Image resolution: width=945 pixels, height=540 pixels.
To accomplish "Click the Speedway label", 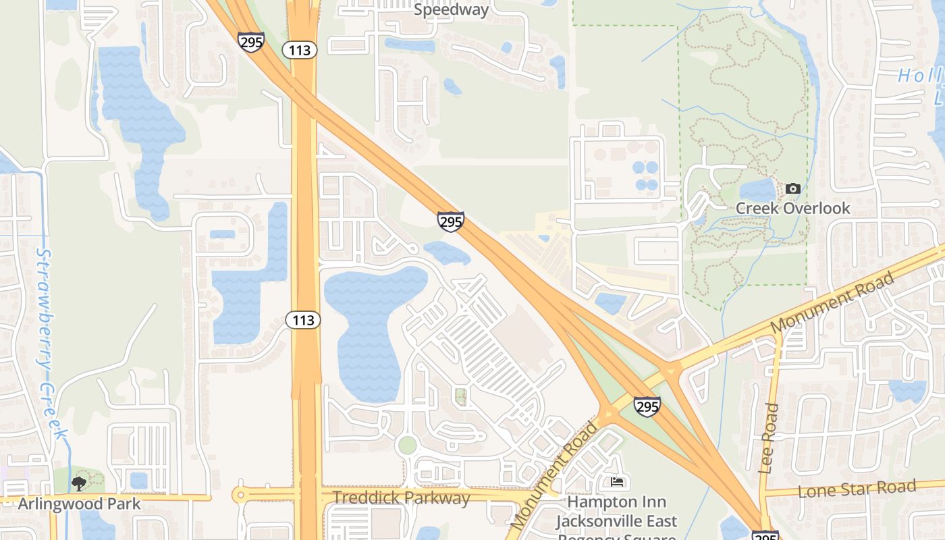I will click(451, 9).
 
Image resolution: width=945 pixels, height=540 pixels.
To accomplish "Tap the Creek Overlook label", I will click(792, 208).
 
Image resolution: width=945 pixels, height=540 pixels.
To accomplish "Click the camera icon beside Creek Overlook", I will click(793, 188).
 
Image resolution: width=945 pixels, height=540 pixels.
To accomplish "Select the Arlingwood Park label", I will click(79, 504).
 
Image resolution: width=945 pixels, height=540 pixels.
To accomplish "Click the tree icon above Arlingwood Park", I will click(79, 483).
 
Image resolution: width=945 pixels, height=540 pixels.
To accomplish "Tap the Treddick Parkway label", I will click(401, 498).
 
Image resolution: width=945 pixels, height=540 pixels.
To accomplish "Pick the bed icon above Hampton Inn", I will click(617, 482).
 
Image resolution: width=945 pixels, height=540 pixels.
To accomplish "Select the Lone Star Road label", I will click(857, 489).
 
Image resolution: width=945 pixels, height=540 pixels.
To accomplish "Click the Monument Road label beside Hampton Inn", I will click(554, 475).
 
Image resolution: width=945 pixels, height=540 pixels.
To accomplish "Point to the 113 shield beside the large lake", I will click(303, 320).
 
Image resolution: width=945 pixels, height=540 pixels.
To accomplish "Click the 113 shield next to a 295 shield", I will click(300, 49).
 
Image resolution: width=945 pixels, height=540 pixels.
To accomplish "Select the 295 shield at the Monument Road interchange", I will click(647, 406).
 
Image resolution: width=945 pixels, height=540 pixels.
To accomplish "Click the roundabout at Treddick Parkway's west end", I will click(240, 495).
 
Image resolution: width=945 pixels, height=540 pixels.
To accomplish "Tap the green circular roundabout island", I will click(407, 446).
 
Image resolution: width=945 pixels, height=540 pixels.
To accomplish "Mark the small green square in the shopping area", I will click(461, 396).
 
